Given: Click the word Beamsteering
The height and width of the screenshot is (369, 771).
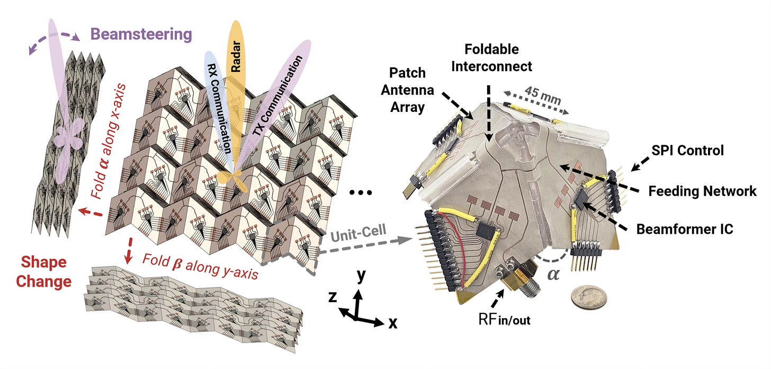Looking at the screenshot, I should coord(140,35).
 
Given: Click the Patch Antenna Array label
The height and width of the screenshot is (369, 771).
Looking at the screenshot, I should coord(411,90).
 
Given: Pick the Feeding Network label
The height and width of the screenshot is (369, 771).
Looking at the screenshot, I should coord(703,191).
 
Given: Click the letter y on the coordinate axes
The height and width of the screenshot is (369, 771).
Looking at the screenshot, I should coord(362,277).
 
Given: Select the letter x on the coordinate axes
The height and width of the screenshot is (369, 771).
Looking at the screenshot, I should coord(392,323).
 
